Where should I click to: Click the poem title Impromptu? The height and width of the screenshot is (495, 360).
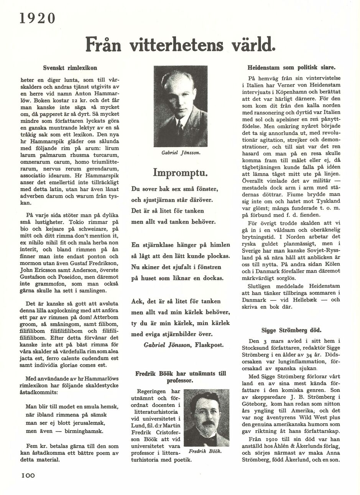coord(180,172)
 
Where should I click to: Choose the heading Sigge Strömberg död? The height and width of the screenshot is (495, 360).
coord(291,330)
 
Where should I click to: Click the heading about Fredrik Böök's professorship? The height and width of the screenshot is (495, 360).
coord(180,377)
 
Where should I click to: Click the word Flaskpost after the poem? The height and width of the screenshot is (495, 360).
coord(209,345)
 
